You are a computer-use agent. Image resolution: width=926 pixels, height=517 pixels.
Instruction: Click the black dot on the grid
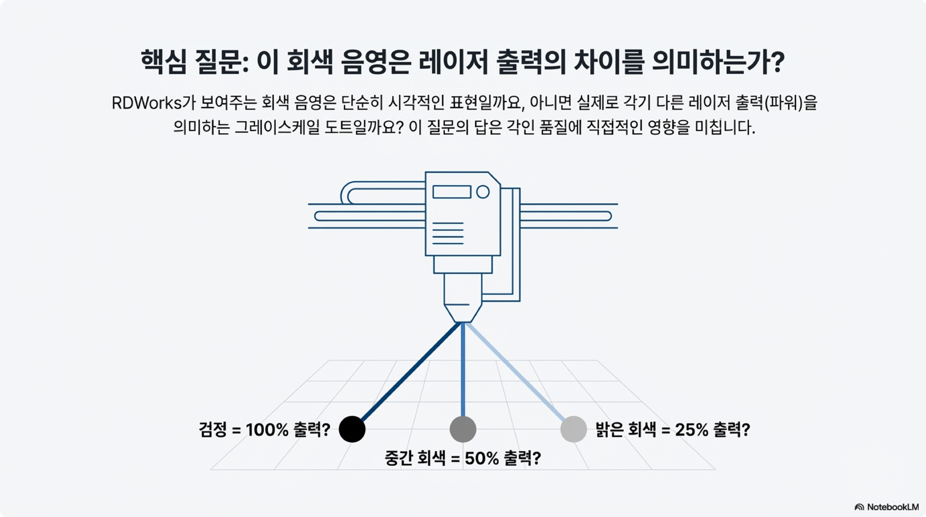[352, 429]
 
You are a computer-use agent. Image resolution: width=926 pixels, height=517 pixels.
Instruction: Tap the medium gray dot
[463, 429]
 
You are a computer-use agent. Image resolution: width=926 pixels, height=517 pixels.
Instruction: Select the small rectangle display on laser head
[451, 192]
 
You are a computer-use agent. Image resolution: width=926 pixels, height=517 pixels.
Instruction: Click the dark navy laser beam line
[410, 372]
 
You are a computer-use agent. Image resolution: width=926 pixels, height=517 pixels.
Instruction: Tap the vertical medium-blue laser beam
[463, 370]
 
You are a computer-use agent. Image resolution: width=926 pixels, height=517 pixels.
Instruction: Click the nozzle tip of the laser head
[463, 318]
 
